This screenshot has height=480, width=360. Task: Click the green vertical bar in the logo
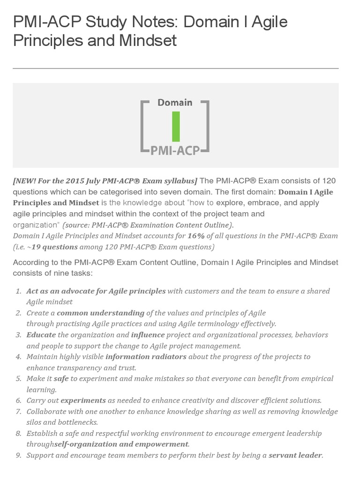(x=176, y=127)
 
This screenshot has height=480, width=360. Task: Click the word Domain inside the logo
(x=175, y=102)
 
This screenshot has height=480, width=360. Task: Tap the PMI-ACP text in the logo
(x=175, y=150)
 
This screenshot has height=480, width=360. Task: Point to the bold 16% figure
(x=195, y=235)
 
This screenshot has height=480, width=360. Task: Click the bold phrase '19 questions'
(x=53, y=247)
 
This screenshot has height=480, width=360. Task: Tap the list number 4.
(x=19, y=357)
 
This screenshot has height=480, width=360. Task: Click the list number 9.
(x=19, y=455)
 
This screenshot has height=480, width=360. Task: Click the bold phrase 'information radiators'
(x=146, y=357)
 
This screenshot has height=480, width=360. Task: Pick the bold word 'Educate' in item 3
(x=41, y=335)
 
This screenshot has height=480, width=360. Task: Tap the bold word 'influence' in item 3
(x=148, y=335)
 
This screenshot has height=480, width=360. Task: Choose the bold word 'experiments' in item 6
(x=83, y=400)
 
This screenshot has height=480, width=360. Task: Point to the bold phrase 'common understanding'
(x=101, y=313)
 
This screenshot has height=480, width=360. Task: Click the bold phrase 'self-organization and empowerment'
(x=121, y=444)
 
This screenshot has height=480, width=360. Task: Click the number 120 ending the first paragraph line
(x=329, y=181)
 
